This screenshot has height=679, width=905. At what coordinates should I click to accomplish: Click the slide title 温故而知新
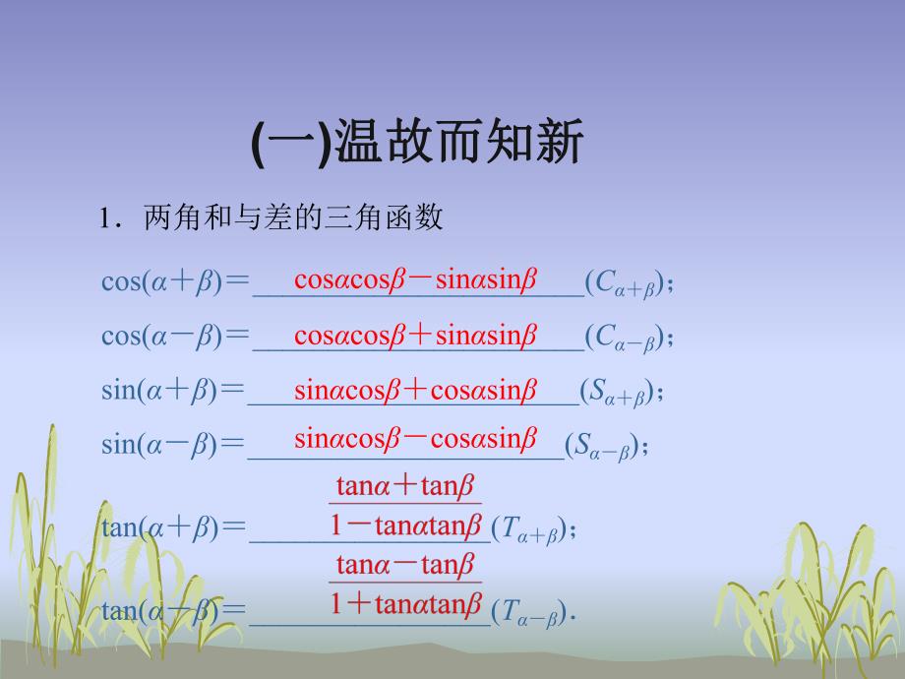coord(419,144)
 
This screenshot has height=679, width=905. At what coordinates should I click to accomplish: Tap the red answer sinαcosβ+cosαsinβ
coord(415,389)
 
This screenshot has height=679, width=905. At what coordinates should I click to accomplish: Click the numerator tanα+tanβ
coord(405,485)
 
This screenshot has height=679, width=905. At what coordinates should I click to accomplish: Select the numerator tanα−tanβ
coord(405,564)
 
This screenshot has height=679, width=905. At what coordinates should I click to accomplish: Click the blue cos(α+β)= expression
coord(175,282)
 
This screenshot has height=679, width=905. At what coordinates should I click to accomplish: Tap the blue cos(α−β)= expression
coord(175,337)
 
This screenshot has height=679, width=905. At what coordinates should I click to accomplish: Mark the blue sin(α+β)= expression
coord(172,392)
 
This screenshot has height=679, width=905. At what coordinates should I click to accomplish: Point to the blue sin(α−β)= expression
coord(172,445)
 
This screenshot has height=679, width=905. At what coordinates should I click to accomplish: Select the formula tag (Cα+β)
coord(625,283)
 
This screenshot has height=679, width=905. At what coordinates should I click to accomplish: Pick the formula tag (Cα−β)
coord(625,338)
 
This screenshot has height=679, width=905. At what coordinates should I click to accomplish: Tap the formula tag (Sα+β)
coord(616,393)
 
